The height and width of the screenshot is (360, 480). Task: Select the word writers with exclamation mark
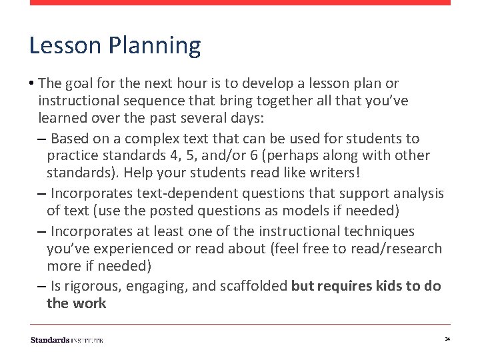[x=337, y=172]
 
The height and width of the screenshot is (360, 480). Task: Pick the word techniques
[x=379, y=231]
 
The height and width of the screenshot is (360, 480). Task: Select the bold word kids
[x=377, y=286]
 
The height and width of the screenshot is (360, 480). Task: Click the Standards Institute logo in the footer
[x=67, y=340]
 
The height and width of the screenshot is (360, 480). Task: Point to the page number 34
[x=447, y=340]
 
